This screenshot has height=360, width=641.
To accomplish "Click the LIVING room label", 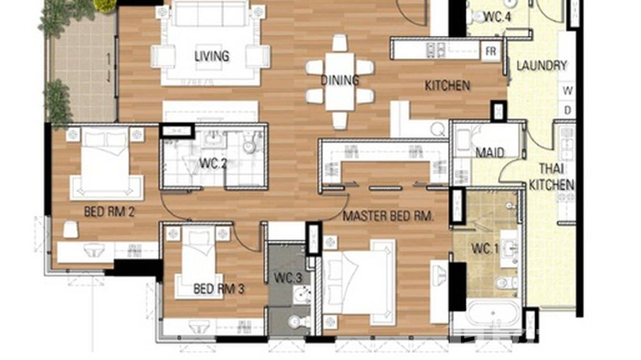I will click(212, 56).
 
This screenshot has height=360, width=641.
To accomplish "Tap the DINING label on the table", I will click(340, 80).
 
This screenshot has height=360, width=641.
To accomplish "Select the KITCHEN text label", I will click(447, 86).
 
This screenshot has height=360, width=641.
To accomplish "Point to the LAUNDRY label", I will click(542, 65).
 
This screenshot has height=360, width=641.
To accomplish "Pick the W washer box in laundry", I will click(568, 90).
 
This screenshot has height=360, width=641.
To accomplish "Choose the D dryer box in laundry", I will click(568, 110).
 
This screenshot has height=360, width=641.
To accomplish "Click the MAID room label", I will click(490, 153).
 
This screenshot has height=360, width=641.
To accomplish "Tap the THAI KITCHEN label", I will click(551, 177).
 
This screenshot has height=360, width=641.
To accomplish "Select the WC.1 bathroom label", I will click(485, 249).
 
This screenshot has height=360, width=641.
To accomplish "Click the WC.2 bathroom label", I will click(213, 164).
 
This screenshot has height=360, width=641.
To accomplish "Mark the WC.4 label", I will click(497, 17).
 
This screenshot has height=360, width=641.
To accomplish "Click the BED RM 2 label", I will click(109, 212).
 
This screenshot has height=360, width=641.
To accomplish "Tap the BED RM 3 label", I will click(219, 289).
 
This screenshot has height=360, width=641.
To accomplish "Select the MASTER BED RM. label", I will click(388, 216).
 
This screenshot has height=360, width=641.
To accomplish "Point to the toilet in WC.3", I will click(299, 321).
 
